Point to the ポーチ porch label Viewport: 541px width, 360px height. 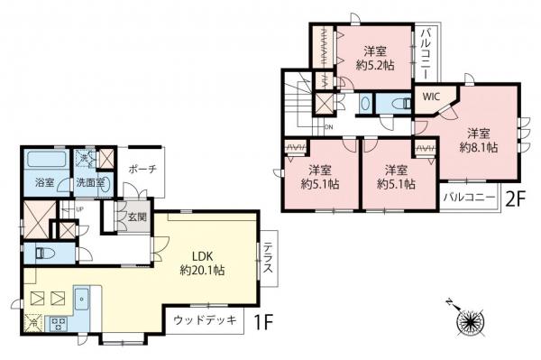(x=143, y=169)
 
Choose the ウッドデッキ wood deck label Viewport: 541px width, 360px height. (x=205, y=320)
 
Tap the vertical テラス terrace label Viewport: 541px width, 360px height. (x=270, y=262)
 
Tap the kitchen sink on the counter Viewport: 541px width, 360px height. (x=81, y=297)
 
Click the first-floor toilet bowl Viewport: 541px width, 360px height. (x=42, y=253)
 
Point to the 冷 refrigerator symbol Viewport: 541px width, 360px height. (x=34, y=322)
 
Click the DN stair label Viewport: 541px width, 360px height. (x=329, y=127)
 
